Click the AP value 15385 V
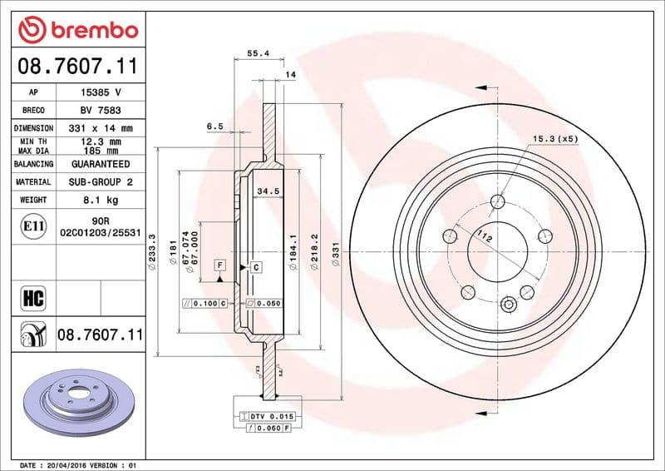(x=101, y=92)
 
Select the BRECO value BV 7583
(x=101, y=111)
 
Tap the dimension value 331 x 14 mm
(x=101, y=129)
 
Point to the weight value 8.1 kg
(x=101, y=201)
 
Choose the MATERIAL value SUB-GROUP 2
(x=101, y=182)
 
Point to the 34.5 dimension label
(x=266, y=191)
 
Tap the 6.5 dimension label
(x=214, y=126)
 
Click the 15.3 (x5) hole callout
(x=554, y=138)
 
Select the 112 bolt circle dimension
(x=480, y=239)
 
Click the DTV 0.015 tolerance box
(x=267, y=415)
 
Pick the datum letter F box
(x=220, y=265)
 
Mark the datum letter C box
(x=256, y=267)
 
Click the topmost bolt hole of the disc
(x=497, y=201)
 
